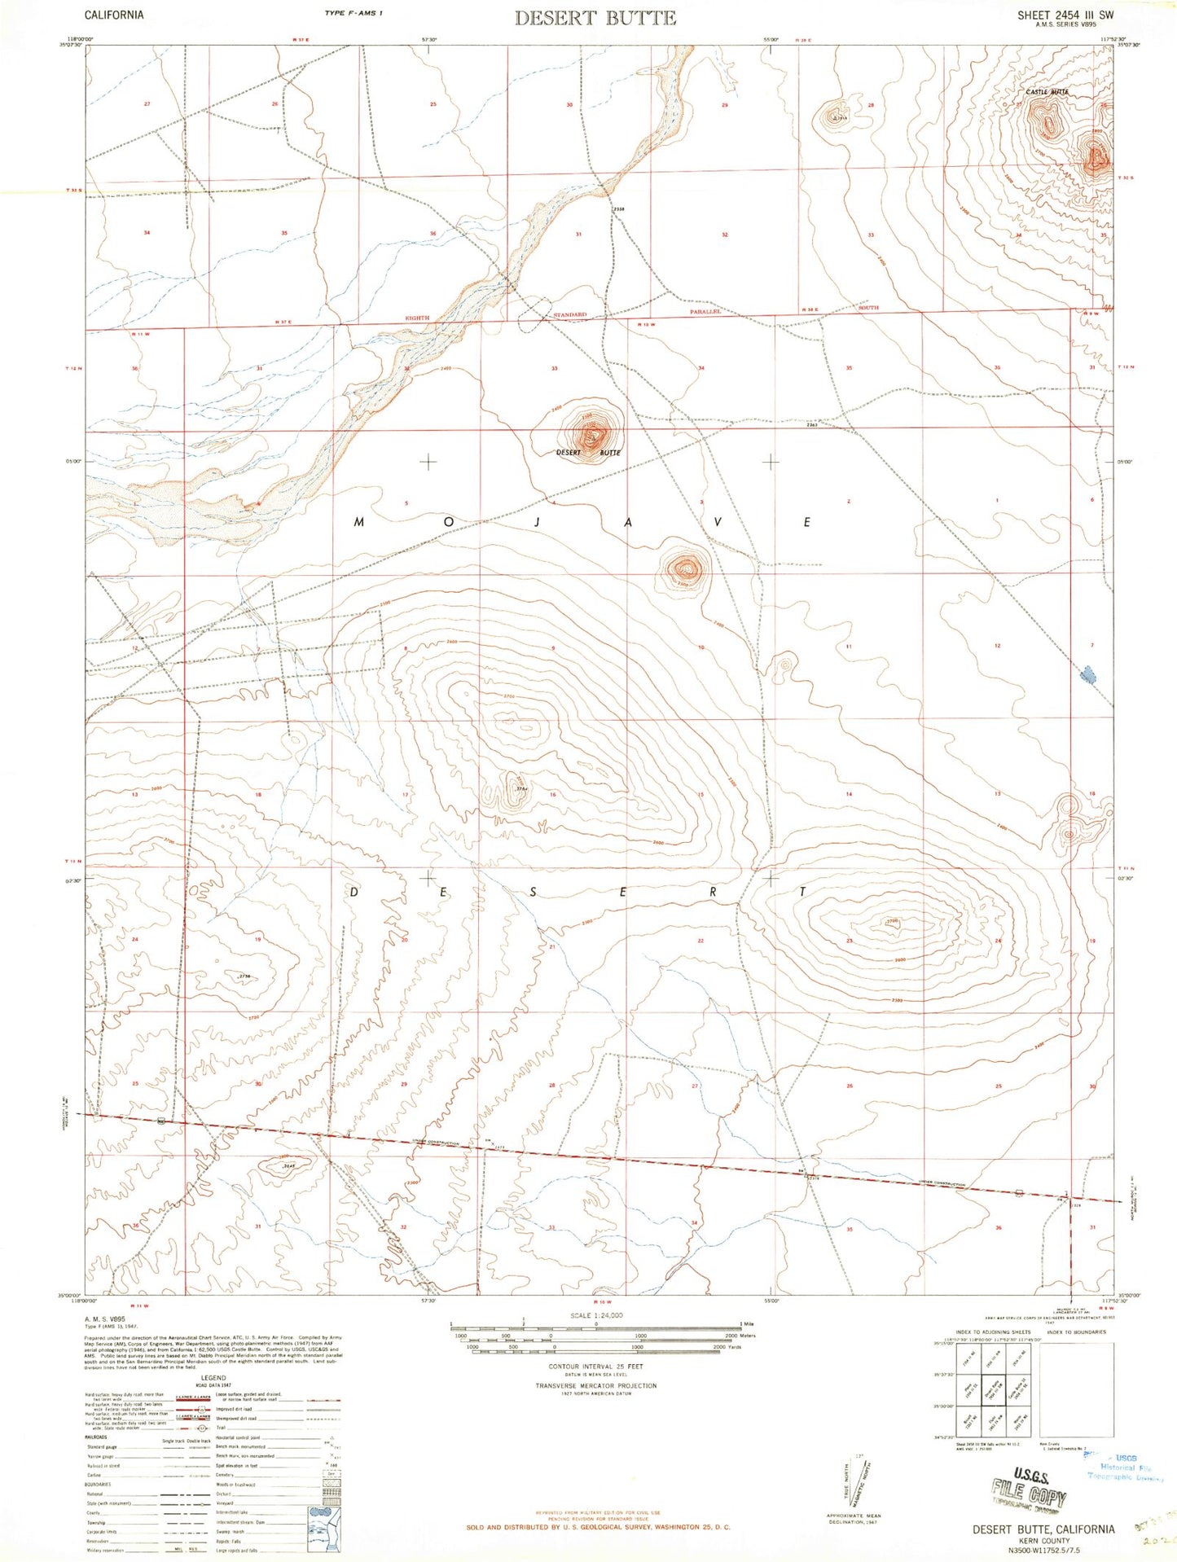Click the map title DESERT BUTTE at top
tap(595, 18)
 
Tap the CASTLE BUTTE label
tap(1047, 92)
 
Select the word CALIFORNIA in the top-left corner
tap(114, 15)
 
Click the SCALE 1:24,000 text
tap(596, 1316)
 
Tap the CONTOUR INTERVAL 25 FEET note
tap(595, 1367)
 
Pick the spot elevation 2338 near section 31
tap(619, 208)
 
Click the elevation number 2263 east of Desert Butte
tap(812, 424)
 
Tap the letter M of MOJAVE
tap(358, 522)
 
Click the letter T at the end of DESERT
tap(804, 893)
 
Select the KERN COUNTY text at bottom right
tap(1043, 1541)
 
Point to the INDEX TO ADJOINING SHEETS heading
tap(987, 1332)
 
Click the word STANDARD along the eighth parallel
tap(570, 314)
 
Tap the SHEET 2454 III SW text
tap(1065, 15)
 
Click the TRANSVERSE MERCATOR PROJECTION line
tap(595, 1385)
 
